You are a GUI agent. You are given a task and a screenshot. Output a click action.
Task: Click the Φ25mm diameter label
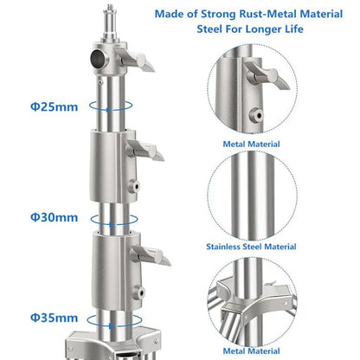coord(55,107)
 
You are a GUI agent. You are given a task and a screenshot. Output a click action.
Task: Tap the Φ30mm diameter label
coord(55,217)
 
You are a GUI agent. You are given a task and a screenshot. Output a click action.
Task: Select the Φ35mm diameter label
coord(55,318)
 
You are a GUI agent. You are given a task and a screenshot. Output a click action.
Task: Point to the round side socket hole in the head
coord(98,58)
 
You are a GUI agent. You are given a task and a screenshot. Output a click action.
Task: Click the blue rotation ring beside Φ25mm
coord(111,106)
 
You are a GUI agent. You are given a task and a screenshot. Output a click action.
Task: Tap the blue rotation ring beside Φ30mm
coord(114,220)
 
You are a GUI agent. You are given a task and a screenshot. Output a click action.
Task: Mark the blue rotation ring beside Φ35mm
coord(114,321)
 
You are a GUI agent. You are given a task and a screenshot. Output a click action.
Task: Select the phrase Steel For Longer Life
coord(250,29)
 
